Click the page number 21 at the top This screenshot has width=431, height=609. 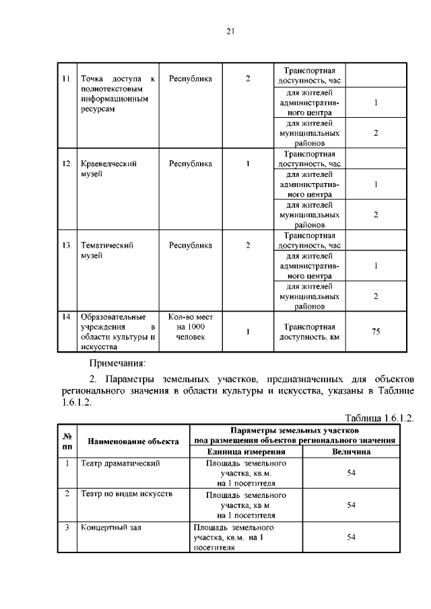(230, 31)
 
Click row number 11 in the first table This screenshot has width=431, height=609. (66, 79)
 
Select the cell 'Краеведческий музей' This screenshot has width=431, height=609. (108, 168)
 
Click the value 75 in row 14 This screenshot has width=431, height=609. (376, 331)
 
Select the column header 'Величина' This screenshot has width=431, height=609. (351, 452)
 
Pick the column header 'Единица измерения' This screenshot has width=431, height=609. (246, 452)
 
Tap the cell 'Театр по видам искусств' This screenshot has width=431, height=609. (126, 494)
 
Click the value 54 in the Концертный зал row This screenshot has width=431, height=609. (351, 537)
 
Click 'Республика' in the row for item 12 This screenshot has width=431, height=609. (190, 164)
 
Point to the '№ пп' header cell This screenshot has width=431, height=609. (67, 441)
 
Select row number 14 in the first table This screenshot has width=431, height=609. (66, 316)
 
